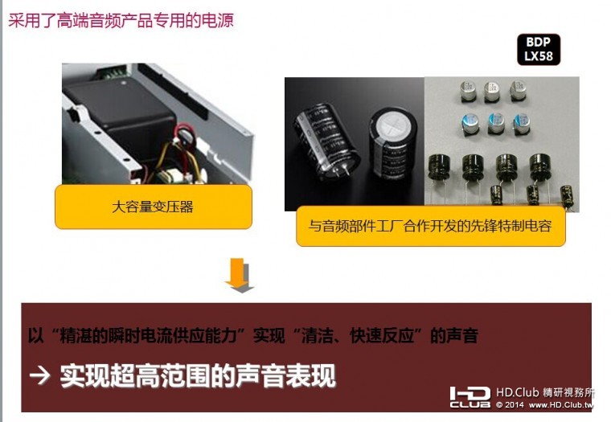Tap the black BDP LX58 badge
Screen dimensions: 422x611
537,49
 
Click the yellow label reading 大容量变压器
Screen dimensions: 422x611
153,207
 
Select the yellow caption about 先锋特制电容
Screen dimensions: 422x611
430,226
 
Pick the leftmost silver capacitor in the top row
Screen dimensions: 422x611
468,90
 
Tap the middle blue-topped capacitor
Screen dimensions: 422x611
495,122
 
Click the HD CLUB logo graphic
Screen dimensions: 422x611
470,396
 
